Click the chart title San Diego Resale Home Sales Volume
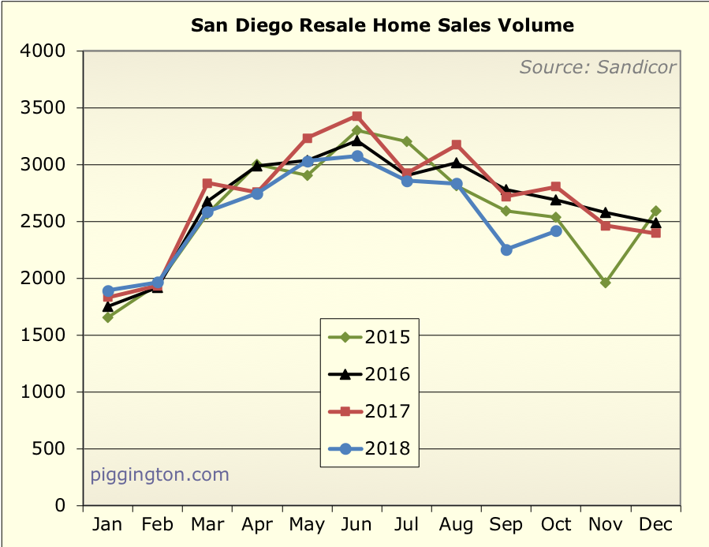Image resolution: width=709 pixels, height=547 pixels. [382, 25]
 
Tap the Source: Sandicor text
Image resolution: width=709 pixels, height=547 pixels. [597, 67]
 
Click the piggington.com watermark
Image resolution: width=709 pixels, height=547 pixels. [159, 474]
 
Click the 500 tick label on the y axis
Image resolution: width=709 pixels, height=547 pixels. [58, 449]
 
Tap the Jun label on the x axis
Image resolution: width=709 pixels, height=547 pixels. [357, 524]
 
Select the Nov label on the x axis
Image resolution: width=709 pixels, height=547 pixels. [605, 524]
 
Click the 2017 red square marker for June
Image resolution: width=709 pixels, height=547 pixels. [357, 116]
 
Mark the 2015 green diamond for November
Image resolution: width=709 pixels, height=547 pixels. [606, 283]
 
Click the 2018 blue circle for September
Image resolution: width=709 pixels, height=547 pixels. [506, 249]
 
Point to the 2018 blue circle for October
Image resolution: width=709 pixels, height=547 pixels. [556, 231]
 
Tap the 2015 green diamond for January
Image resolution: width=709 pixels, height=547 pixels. [108, 317]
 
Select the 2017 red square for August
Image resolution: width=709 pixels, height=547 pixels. [457, 145]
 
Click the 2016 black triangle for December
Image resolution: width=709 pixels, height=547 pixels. [655, 222]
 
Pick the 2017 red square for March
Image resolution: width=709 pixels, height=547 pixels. [207, 183]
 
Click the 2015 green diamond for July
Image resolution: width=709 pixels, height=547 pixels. [407, 141]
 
